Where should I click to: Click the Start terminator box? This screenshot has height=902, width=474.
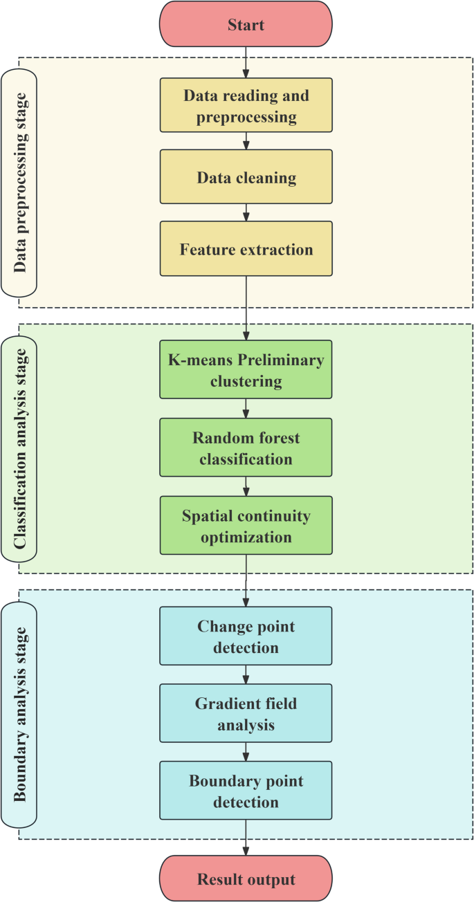click(246, 25)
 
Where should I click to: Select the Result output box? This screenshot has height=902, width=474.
click(246, 879)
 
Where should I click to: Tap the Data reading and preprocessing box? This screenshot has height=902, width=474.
click(246, 105)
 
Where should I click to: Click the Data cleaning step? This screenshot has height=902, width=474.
click(246, 178)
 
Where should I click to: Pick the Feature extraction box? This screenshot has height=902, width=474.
click(246, 249)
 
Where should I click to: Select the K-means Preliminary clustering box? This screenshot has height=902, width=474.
click(246, 369)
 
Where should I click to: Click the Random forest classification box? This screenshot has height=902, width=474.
click(246, 448)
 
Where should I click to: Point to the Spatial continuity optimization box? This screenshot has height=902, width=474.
click(246, 526)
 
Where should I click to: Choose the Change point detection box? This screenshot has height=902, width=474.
click(246, 636)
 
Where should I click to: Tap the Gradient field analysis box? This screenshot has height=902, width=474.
click(246, 714)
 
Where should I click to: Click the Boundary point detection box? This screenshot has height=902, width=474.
click(246, 791)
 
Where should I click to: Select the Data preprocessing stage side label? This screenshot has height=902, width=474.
click(19, 182)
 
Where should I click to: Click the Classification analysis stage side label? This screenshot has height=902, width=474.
click(19, 448)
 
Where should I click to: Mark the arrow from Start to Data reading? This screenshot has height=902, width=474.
click(246, 63)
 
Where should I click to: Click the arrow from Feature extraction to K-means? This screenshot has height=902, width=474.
click(246, 308)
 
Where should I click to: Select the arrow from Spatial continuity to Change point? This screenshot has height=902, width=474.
click(246, 581)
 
